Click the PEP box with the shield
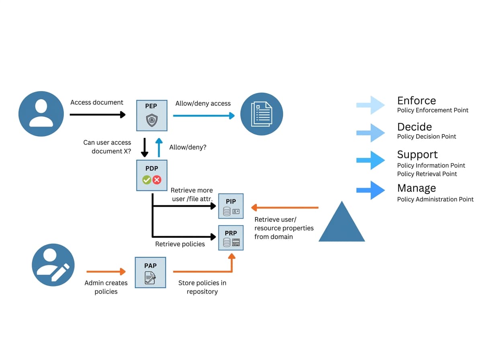coord(151,116)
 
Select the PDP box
coord(151,175)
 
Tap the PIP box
coord(231,206)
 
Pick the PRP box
coord(231,238)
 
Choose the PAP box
coord(150,272)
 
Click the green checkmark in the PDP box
coord(147,180)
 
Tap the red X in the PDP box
coord(157,180)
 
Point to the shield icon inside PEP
coord(151,120)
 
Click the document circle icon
coord(261,114)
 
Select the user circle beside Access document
coord(41,114)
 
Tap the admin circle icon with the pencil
coord(53,265)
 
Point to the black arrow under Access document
coord(98,115)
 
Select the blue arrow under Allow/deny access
coord(204,116)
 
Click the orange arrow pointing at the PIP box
coord(285,207)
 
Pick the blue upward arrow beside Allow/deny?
coord(159,147)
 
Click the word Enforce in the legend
coord(417,100)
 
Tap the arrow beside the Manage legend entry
coord(370,190)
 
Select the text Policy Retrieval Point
coord(427,174)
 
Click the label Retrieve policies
coord(180,244)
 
